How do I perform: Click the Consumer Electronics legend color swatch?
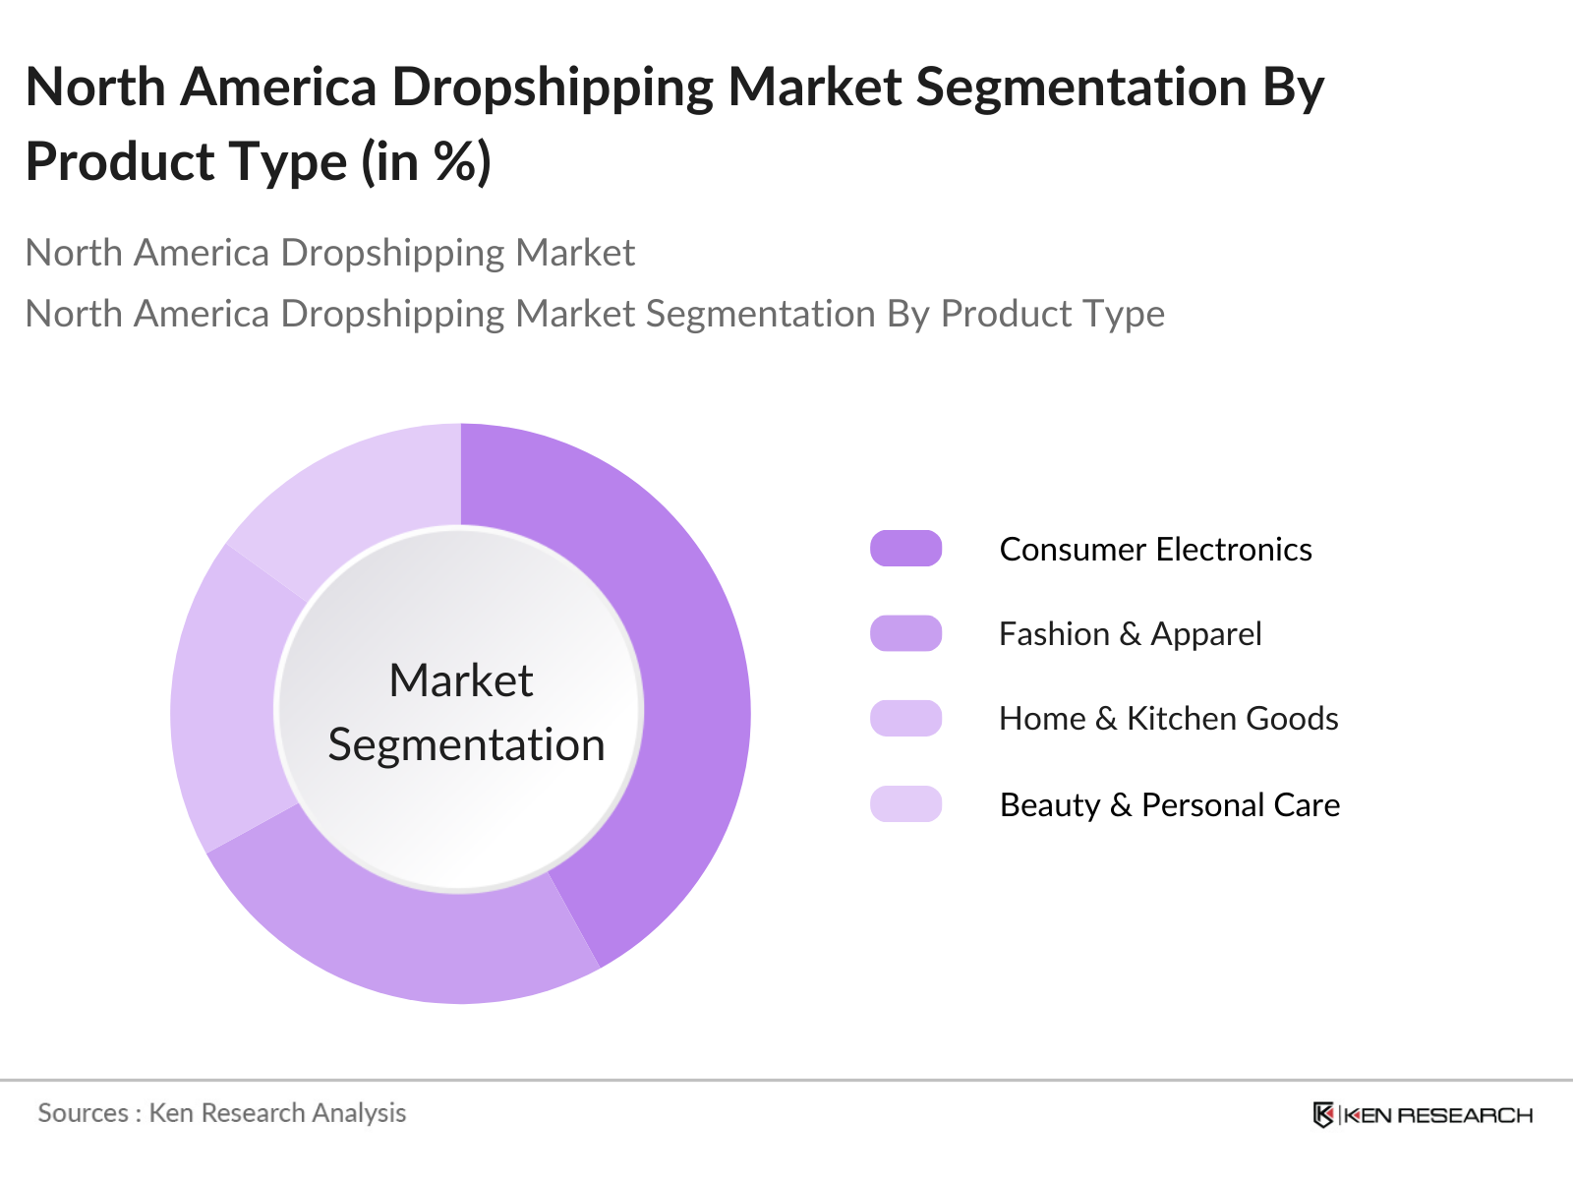pos(905,549)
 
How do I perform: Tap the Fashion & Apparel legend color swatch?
pos(905,633)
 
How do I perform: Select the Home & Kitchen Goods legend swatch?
pos(905,718)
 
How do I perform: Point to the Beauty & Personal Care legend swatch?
pos(905,803)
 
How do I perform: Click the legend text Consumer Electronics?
pos(1155,549)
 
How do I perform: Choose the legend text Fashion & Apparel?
pos(1130,634)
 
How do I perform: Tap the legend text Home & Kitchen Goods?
pos(1168,719)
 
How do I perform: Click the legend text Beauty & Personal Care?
pos(1169,804)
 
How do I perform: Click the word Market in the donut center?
pos(460,680)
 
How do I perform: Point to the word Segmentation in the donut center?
pos(466,744)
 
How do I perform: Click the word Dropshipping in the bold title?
pos(553,88)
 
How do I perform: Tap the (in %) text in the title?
pos(427,162)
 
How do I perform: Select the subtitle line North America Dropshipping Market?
pos(330,253)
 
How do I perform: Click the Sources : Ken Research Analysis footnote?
pos(222,1113)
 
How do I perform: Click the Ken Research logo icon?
pos(1323,1115)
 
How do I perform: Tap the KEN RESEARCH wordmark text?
pos(1438,1115)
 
